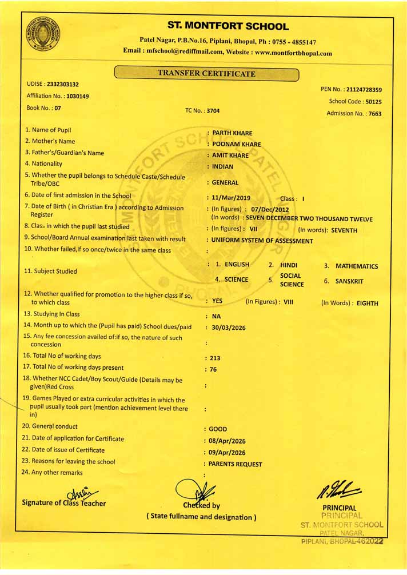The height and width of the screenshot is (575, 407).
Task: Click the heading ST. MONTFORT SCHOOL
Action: click(x=228, y=26)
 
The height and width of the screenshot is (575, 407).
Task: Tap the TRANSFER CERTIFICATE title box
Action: click(x=206, y=73)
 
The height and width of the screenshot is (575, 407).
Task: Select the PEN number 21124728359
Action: click(x=364, y=90)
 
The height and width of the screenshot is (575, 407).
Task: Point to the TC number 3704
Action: click(x=213, y=111)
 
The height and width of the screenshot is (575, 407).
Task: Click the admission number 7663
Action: click(x=375, y=113)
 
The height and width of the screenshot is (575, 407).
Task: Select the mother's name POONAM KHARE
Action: click(x=236, y=145)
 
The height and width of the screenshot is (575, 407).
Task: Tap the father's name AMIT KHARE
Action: click(x=230, y=155)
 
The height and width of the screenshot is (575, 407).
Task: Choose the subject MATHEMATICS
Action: click(x=357, y=266)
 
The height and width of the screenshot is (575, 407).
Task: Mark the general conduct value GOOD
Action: click(x=218, y=429)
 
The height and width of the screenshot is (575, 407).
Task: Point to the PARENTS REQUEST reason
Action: click(x=236, y=464)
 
